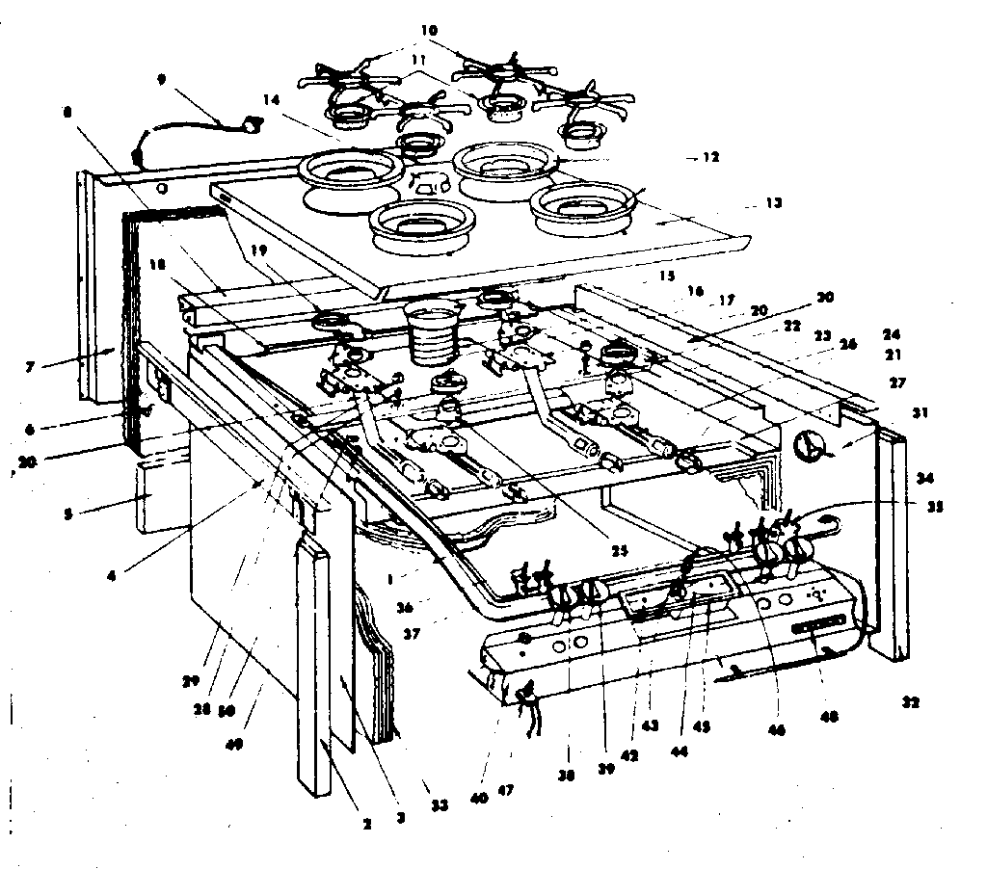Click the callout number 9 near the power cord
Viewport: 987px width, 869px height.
(163, 82)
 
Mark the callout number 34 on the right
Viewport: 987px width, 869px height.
(926, 478)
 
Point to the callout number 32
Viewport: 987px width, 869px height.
(910, 703)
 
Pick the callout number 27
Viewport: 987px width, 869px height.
(898, 382)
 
